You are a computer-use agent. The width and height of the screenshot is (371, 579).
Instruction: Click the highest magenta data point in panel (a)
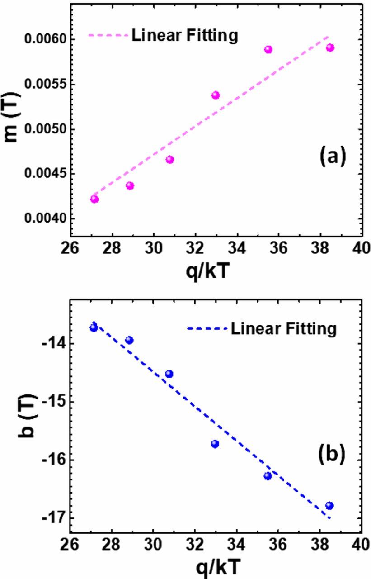point(330,47)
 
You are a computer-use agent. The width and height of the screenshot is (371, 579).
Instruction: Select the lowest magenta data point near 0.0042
point(94,199)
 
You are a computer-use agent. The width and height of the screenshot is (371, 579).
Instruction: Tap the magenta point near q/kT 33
point(216,95)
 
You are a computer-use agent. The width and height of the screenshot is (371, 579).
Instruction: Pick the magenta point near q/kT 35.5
point(268,49)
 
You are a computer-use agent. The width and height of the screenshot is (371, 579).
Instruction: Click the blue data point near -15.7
point(215,444)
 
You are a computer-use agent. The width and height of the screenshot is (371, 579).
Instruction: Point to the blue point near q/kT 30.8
point(169,374)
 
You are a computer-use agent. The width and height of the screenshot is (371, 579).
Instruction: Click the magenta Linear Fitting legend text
point(184,36)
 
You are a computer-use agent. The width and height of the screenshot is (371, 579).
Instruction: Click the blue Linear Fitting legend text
point(283,329)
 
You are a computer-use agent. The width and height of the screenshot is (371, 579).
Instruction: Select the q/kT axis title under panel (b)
point(216,566)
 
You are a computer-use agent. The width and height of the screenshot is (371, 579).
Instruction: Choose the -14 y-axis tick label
point(51,343)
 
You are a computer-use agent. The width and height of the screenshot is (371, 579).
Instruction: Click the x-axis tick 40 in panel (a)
point(360,249)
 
